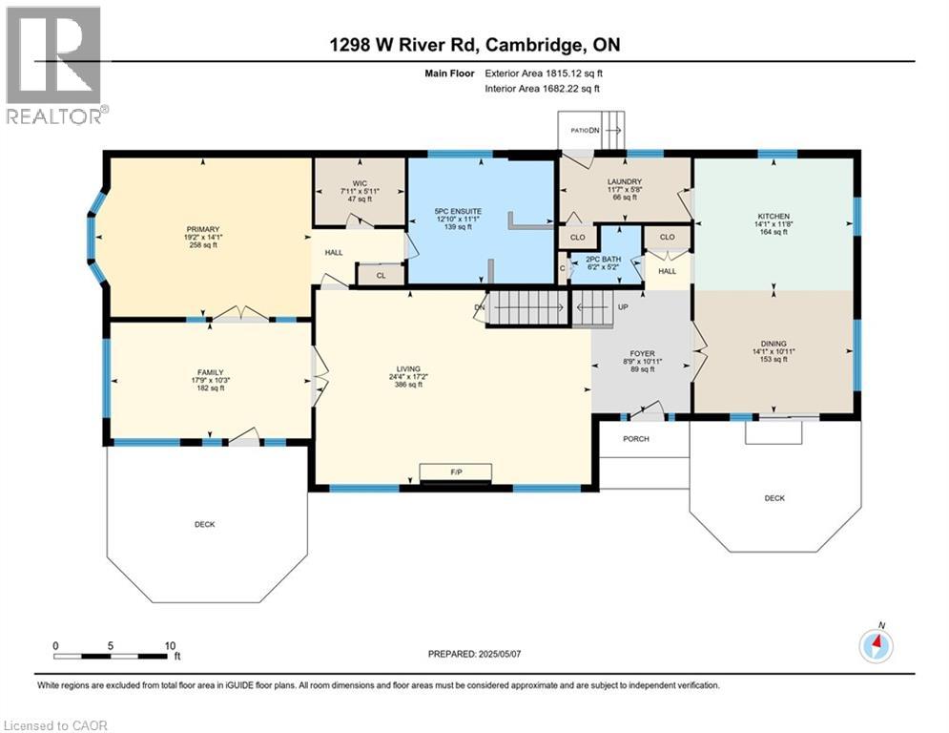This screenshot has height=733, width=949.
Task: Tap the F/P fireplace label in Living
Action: coord(456,471)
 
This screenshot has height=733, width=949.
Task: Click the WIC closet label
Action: coord(359,182)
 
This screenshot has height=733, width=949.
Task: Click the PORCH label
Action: coord(636,439)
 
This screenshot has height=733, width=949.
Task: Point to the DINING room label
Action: coord(774,344)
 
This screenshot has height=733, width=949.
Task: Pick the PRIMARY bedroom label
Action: coord(202,229)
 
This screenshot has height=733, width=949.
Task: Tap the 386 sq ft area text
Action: coord(408,385)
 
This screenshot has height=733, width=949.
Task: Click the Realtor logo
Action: coord(54,65)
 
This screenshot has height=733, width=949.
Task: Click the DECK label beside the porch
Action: coord(773,497)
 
